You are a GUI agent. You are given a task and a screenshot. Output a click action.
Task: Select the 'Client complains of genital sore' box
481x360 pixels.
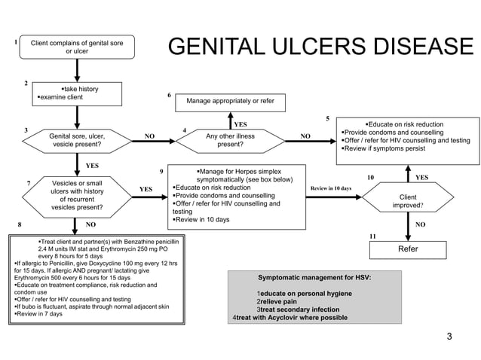pyautogui.click(x=77, y=47)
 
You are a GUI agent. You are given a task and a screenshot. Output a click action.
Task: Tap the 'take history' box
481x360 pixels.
pyautogui.click(x=77, y=93)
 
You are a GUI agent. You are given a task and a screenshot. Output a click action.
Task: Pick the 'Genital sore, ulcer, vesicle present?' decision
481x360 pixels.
pyautogui.click(x=77, y=141)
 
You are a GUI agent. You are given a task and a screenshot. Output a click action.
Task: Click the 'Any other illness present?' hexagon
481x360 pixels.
pyautogui.click(x=231, y=141)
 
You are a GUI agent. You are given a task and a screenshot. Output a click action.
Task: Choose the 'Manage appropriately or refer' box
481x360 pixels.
pyautogui.click(x=231, y=102)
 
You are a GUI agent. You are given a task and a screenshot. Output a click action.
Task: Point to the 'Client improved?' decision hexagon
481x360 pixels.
pyautogui.click(x=408, y=197)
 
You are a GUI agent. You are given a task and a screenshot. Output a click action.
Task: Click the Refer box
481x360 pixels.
pyautogui.click(x=408, y=250)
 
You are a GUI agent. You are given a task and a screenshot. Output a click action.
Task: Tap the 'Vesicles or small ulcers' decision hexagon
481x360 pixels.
pyautogui.click(x=77, y=197)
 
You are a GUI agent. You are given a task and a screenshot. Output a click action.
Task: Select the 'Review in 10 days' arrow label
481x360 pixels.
pyautogui.click(x=331, y=188)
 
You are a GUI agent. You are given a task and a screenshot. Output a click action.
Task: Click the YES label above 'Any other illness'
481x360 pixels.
pyautogui.click(x=240, y=124)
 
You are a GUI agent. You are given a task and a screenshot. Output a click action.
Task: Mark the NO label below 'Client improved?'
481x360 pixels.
pyautogui.click(x=420, y=224)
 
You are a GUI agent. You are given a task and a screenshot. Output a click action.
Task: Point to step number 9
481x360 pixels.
pyautogui.click(x=161, y=172)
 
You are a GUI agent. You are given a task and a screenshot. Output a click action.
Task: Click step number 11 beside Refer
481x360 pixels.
pyautogui.click(x=372, y=236)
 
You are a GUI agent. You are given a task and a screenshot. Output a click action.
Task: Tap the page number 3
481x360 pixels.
pyautogui.click(x=449, y=337)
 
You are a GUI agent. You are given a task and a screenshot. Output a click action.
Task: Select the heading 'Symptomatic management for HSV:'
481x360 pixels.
pyautogui.click(x=314, y=278)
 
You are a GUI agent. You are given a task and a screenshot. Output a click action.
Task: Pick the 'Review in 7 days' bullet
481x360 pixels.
pyautogui.click(x=38, y=314)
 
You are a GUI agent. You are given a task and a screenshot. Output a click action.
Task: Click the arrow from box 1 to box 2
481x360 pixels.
pyautogui.click(x=77, y=71)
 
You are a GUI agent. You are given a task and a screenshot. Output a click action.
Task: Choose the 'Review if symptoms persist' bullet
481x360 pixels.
pyautogui.click(x=384, y=148)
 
